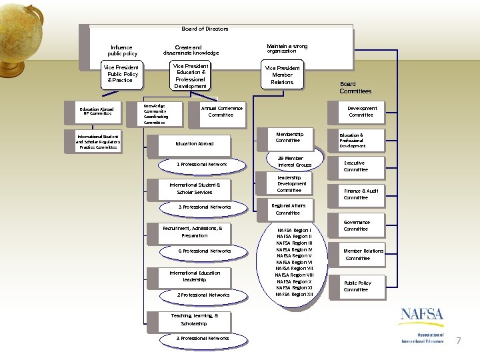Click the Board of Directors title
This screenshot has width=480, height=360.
[x=205, y=29]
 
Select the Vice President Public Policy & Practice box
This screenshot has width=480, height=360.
[x=121, y=74]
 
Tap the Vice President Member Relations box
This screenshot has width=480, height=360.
[x=282, y=75]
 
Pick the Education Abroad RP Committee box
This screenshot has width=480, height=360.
[x=97, y=111]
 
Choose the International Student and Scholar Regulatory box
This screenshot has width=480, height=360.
[x=97, y=141]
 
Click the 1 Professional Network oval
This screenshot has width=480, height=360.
[x=201, y=164]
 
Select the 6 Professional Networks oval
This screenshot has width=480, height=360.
[x=204, y=251]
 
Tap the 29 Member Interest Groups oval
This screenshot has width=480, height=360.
[x=294, y=161]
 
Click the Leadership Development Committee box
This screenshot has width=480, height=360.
[x=291, y=184]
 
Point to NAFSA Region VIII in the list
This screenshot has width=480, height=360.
[x=294, y=275]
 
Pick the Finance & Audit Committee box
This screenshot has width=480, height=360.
[x=360, y=194]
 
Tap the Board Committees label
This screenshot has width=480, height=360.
[x=355, y=87]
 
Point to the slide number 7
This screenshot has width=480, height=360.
[x=458, y=341]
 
